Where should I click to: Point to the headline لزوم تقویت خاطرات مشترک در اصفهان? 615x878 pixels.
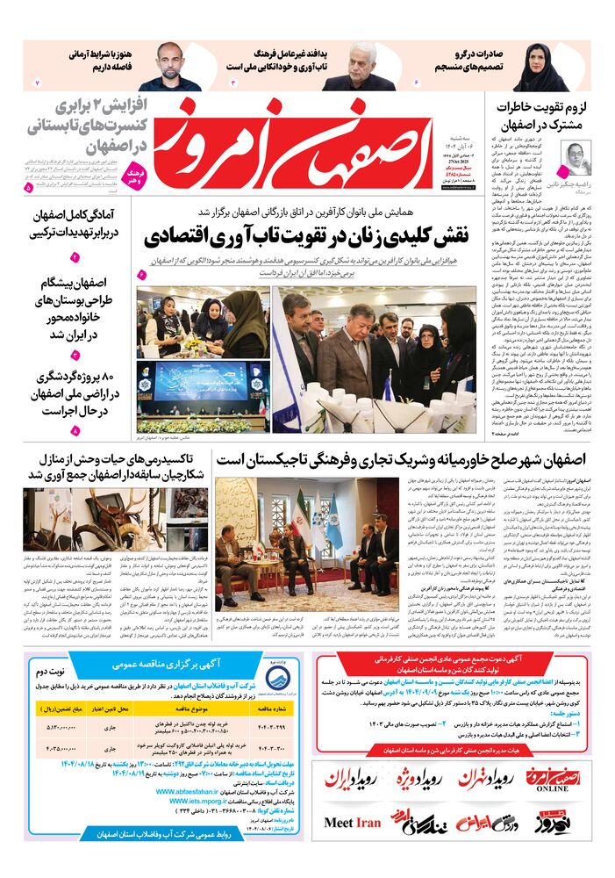(x=544, y=113)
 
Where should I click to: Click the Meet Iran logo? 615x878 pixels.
(x=352, y=823)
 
